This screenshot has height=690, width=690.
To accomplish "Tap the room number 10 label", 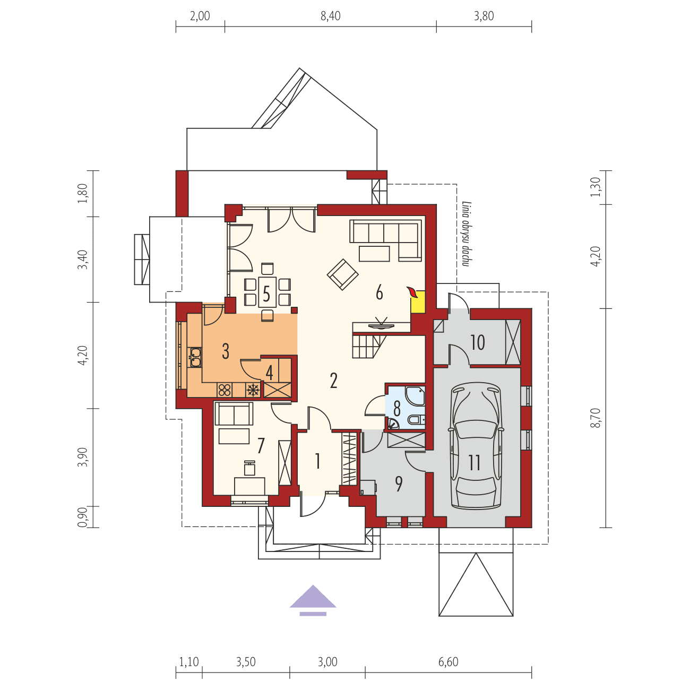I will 478,343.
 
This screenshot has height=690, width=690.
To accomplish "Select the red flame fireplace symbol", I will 411,291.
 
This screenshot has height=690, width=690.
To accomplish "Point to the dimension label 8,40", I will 330,16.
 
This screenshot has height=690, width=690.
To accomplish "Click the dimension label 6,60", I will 448,662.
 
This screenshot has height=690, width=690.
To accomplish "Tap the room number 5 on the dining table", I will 267,293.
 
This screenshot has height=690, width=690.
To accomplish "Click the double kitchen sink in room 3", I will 195,357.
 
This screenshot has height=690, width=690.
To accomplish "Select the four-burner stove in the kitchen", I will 225,390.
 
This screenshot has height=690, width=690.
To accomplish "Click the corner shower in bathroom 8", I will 415,395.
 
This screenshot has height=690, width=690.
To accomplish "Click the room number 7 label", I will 261,446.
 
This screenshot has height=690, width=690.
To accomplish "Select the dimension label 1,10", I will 188,662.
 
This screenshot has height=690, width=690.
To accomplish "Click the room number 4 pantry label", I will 270,373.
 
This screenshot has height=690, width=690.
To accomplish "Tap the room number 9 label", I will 399,484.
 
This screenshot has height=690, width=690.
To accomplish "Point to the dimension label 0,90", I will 82,516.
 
